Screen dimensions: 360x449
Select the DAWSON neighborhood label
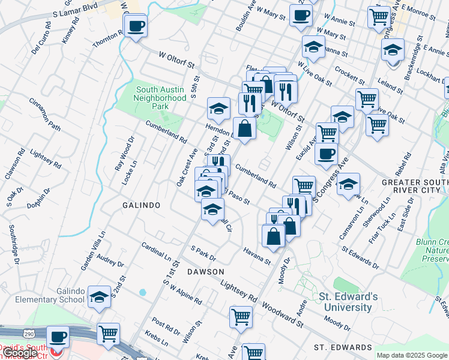point(205,272)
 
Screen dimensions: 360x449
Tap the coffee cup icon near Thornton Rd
point(136,26)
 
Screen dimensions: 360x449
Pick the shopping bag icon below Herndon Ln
point(245,128)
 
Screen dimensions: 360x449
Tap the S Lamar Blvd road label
point(75,8)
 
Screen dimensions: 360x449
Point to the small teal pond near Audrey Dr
point(142,293)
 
